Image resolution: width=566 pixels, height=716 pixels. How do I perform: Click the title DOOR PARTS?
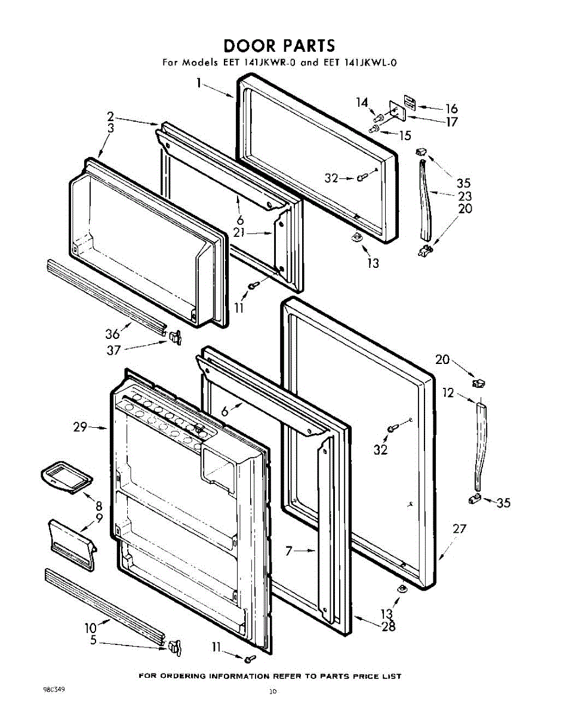[279, 45]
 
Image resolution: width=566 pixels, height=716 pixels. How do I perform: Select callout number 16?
[451, 109]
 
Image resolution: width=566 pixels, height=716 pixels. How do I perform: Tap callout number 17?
[451, 122]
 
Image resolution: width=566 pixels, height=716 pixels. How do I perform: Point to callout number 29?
[81, 427]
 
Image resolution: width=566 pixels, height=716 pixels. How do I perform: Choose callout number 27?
[459, 529]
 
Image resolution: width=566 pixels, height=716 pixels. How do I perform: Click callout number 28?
[388, 626]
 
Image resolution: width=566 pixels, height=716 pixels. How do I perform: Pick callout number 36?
[113, 334]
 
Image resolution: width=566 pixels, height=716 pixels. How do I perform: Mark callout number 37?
[113, 350]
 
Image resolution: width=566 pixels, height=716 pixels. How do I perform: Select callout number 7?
[290, 552]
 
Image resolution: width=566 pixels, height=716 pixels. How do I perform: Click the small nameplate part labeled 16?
[409, 100]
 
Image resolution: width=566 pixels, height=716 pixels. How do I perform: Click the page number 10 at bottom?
[273, 692]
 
